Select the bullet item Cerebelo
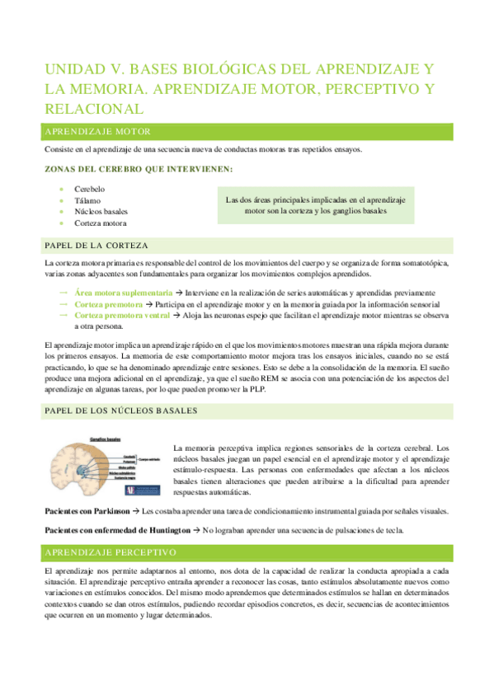click(x=90, y=189)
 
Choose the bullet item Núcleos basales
click(x=101, y=212)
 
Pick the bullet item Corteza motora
click(x=101, y=223)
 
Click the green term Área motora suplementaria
click(x=123, y=293)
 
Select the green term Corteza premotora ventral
click(x=121, y=315)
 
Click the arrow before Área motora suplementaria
click(x=64, y=293)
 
